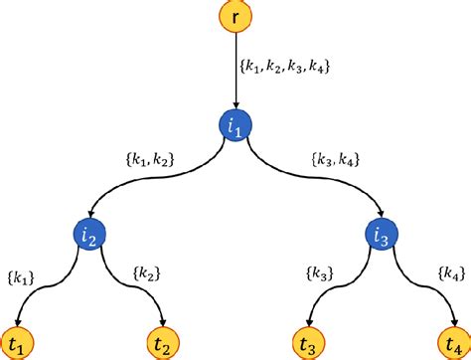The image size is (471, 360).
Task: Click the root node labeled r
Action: click(x=235, y=15)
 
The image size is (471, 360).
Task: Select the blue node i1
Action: click(x=235, y=126)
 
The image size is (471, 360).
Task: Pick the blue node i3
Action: click(x=383, y=236)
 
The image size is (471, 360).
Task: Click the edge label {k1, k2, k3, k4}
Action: click(x=285, y=68)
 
